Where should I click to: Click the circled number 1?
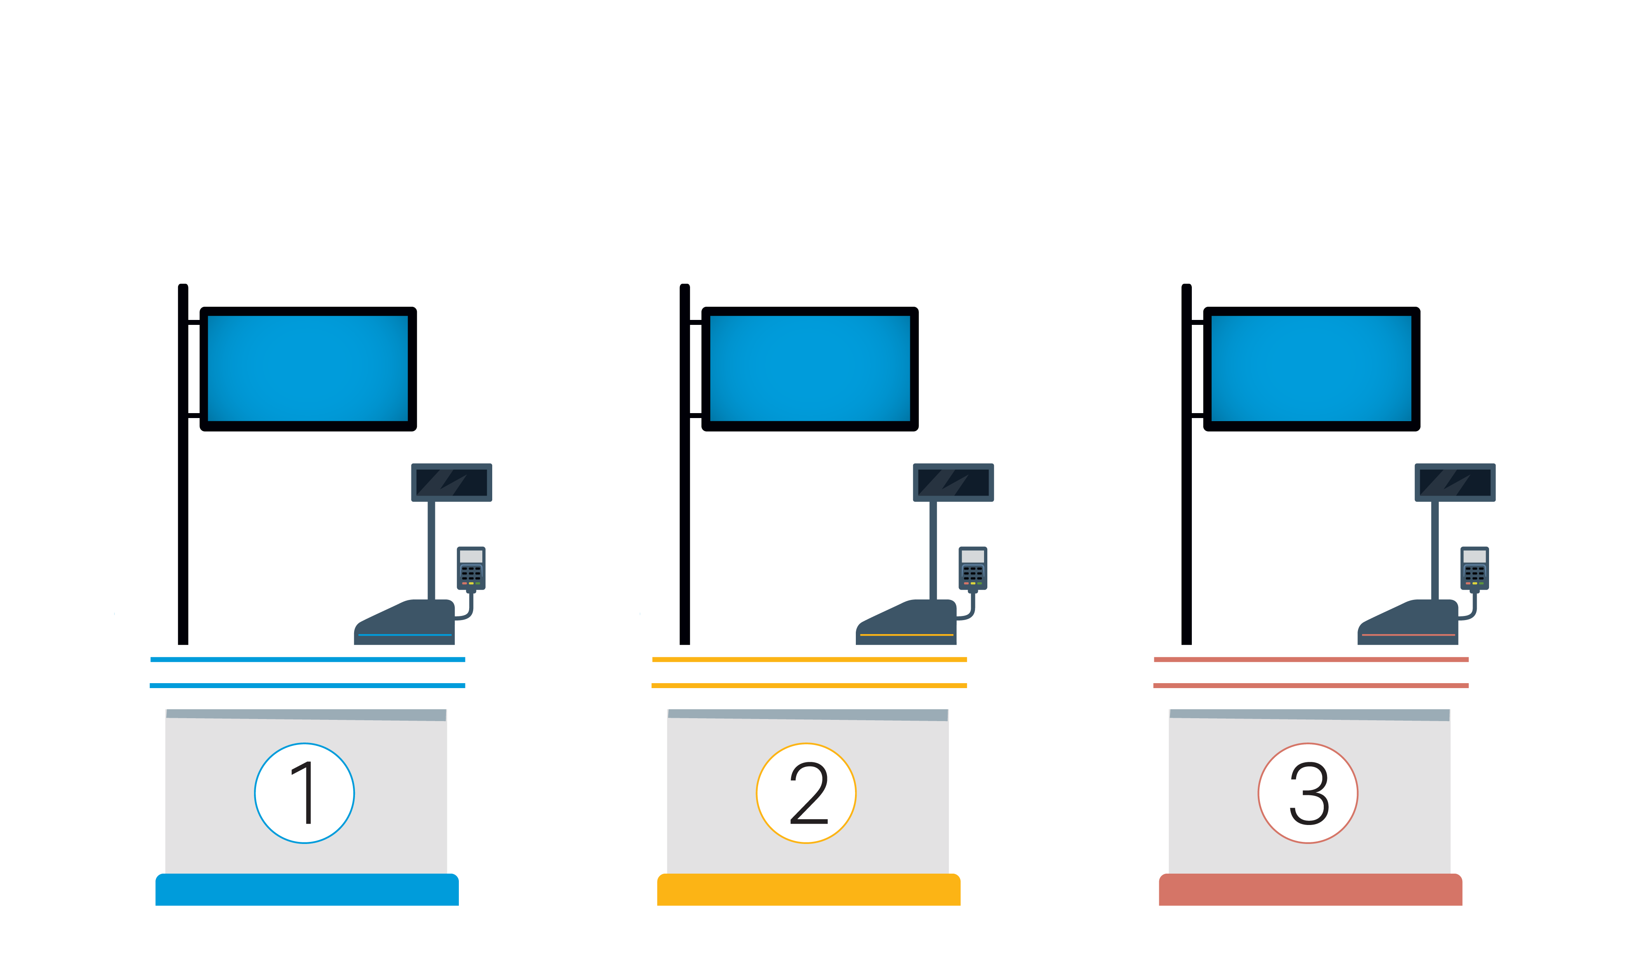point(304,793)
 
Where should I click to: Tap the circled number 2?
point(806,793)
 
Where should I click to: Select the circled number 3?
point(1308,793)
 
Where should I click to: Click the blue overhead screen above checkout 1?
point(308,369)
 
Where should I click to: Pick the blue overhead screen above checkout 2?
point(810,369)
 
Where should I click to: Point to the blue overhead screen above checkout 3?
point(1312,369)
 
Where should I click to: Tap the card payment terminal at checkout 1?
point(471,569)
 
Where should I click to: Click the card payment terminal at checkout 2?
point(973,569)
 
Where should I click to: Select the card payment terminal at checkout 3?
point(1475,569)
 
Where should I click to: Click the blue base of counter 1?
point(307,890)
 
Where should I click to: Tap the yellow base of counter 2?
point(809,890)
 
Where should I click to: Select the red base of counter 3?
point(1311,890)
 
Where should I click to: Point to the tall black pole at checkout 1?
point(183,464)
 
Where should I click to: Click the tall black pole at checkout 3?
point(1186,464)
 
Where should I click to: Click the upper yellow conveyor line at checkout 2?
point(809,660)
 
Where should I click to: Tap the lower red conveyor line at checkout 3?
point(1311,686)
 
